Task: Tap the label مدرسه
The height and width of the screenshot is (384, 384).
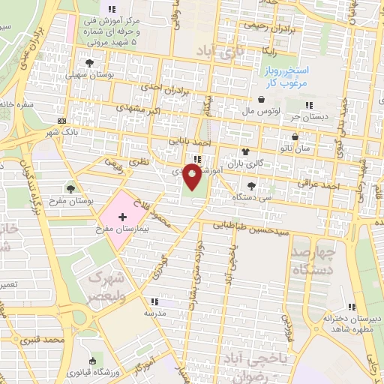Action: point(154,313)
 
